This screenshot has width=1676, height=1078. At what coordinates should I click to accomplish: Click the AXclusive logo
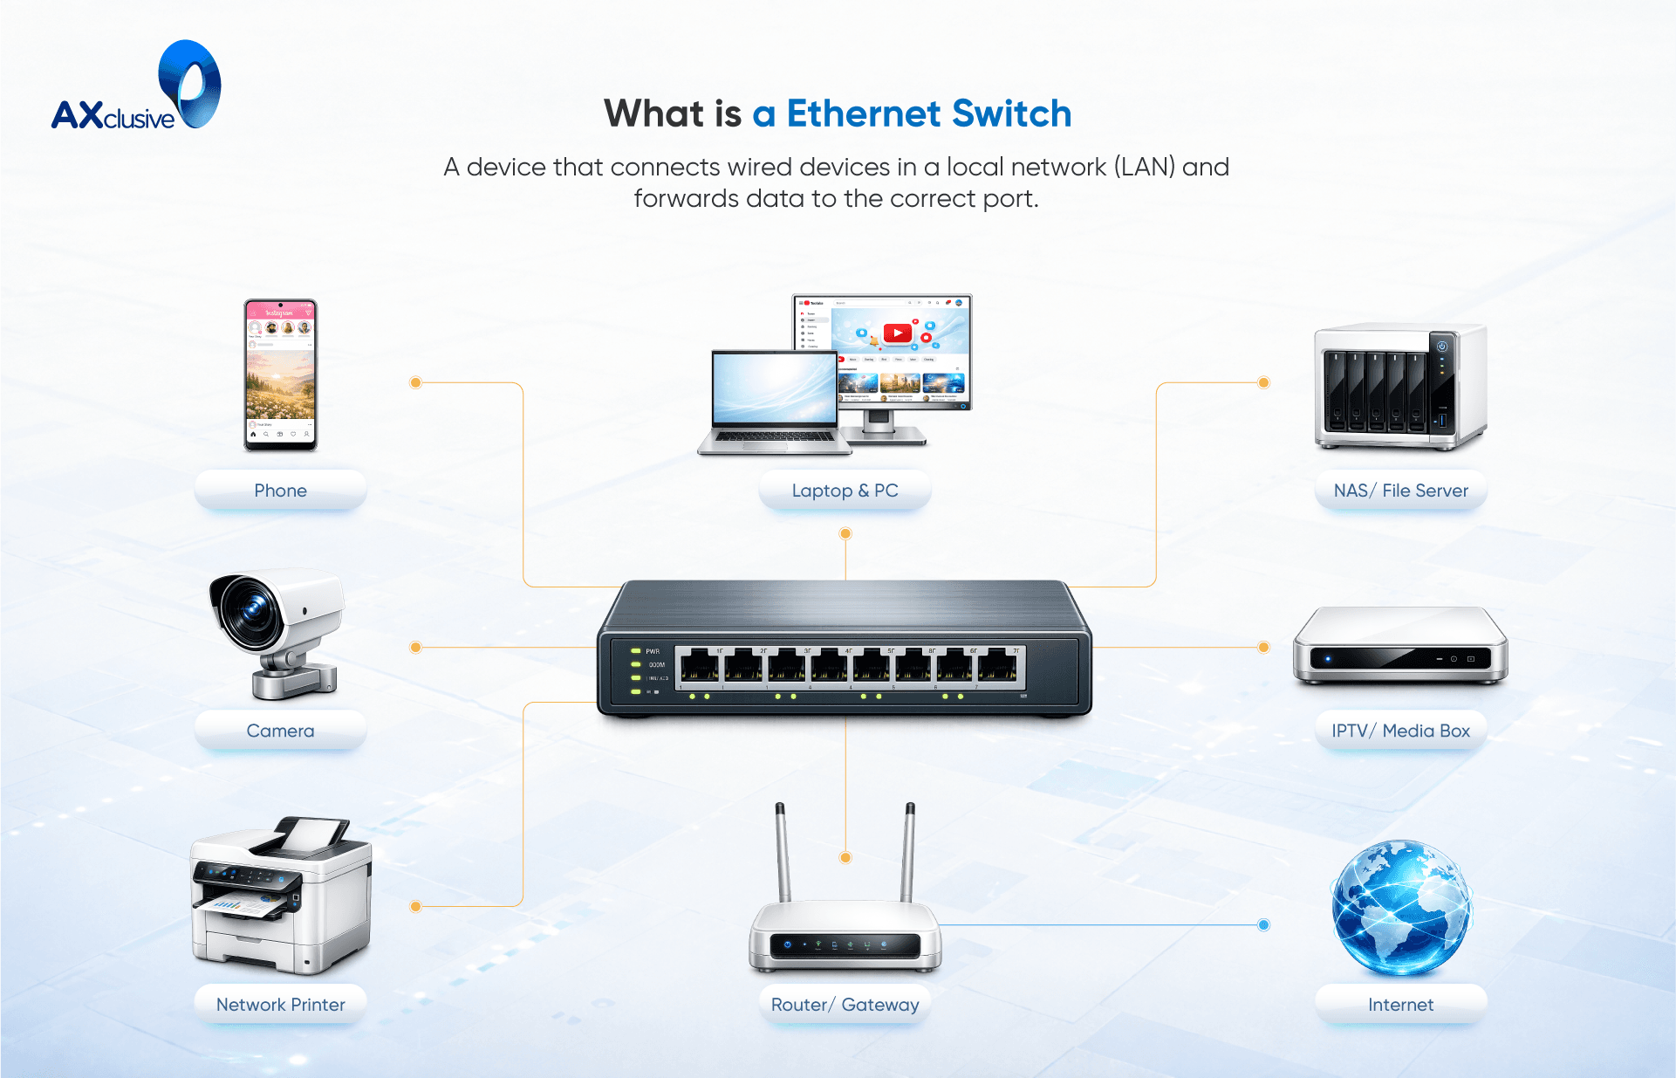[136, 87]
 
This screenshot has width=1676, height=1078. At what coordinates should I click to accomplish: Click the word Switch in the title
[1011, 113]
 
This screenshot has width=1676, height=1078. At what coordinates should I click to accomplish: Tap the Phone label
[280, 491]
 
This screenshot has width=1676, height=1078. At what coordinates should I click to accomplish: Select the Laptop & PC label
[845, 491]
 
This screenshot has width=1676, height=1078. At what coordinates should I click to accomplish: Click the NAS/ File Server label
[1400, 491]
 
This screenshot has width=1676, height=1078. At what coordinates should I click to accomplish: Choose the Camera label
[280, 731]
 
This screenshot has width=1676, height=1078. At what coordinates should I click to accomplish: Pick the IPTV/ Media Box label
[1400, 731]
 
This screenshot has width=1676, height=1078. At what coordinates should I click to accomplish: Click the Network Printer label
[280, 1005]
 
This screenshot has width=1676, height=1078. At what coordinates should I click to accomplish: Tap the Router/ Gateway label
[845, 1005]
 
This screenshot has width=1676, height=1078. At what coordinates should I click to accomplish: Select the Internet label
[1400, 1005]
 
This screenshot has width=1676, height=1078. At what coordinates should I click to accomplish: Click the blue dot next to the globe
[1263, 925]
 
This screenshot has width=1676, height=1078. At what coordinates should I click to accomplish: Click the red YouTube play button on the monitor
[898, 333]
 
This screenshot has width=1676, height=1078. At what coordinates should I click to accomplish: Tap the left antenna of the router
[783, 851]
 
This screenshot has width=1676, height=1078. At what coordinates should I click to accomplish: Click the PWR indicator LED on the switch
[636, 651]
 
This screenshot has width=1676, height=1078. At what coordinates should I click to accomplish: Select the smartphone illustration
[280, 375]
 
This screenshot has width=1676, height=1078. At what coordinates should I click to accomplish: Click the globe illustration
[1400, 908]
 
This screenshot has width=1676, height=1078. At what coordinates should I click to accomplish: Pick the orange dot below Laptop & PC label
[845, 533]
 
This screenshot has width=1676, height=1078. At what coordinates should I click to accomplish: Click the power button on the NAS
[1442, 347]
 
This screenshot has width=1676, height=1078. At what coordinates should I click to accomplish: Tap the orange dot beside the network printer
[416, 906]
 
